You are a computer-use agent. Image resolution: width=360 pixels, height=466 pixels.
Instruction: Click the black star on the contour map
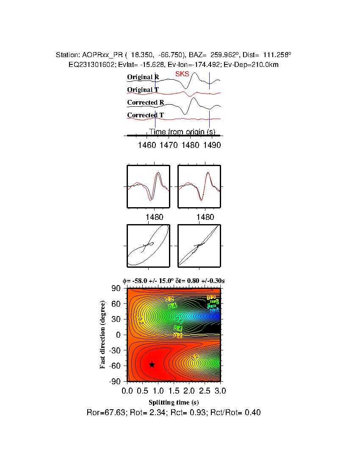152,364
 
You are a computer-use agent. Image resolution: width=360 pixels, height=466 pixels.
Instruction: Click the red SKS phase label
182,74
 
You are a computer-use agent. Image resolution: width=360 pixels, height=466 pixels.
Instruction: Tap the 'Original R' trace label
143,78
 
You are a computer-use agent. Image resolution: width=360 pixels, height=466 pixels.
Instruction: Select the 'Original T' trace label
143,90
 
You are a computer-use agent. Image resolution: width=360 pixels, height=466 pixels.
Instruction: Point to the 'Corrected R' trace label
146,103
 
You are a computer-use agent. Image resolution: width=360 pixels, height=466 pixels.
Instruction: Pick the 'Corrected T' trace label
145,115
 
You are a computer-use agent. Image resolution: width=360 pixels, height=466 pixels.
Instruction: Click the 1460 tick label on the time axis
147,145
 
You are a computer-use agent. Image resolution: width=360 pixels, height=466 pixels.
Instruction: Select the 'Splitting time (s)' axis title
174,402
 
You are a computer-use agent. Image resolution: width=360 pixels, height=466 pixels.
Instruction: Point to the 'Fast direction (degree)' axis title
103,335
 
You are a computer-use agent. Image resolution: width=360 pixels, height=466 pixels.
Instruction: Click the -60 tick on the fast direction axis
116,365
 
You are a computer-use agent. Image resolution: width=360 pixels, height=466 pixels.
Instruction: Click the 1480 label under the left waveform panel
155,217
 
